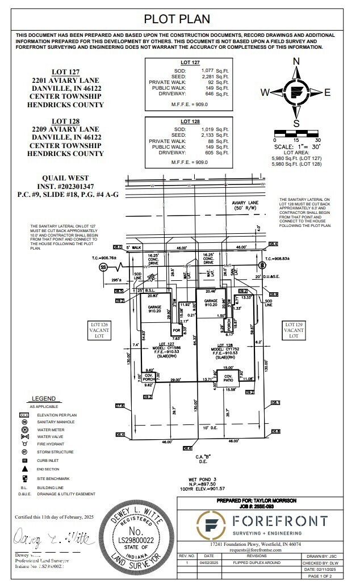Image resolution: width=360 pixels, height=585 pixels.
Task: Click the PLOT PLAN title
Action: click(177, 19)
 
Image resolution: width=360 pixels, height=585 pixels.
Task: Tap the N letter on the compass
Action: click(296, 62)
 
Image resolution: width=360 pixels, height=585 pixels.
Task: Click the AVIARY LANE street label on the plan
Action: click(245, 203)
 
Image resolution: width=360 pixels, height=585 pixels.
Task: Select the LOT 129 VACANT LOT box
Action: click(294, 330)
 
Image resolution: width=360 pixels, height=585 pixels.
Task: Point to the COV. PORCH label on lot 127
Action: click(148, 377)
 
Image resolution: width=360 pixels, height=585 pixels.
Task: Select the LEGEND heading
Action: click(43, 399)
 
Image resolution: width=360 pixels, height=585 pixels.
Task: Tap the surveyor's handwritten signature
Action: click(55, 537)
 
